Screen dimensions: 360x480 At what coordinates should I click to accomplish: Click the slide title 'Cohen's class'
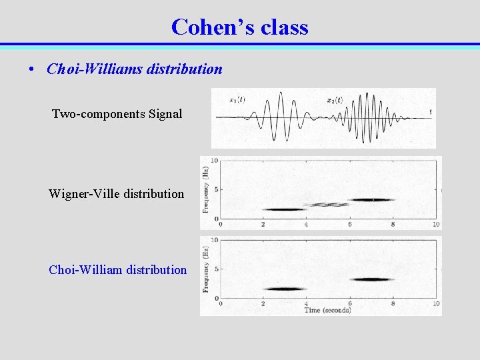point(239,27)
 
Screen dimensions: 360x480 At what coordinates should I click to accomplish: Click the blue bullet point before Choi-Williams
point(32,69)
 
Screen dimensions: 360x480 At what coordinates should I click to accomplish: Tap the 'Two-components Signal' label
point(117,114)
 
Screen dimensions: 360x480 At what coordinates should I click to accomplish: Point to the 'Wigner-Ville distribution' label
point(116,194)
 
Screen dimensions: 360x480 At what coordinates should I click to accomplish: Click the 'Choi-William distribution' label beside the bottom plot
point(117,270)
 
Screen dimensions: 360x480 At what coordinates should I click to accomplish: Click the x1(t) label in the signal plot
point(237,100)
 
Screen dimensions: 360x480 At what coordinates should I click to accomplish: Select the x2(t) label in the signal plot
point(335,100)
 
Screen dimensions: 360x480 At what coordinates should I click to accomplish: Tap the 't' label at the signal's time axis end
point(430,111)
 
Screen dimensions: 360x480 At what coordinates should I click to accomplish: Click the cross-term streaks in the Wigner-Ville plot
point(327,205)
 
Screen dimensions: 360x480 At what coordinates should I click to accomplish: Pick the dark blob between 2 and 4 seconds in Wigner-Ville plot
point(284,209)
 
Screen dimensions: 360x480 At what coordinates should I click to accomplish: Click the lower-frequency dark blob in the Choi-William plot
point(284,289)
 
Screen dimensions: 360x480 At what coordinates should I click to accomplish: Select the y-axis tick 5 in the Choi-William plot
point(215,269)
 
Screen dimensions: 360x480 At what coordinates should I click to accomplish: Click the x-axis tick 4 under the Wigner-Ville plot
point(306,225)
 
